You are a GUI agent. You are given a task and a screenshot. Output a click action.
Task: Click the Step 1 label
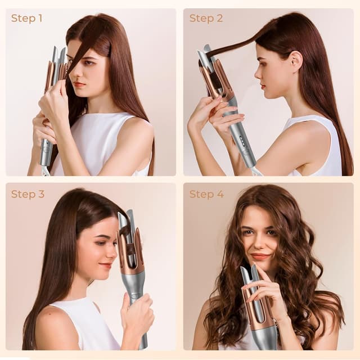[x=26, y=18]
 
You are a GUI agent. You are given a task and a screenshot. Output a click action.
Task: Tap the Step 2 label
[x=206, y=18]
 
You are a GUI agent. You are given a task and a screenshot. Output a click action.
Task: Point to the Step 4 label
[x=206, y=194]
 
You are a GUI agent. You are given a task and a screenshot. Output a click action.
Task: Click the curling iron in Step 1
[x=51, y=107]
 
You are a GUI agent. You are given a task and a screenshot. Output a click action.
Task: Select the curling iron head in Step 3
[x=130, y=242]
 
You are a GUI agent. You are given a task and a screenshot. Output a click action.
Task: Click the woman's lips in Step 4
[x=260, y=256]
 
